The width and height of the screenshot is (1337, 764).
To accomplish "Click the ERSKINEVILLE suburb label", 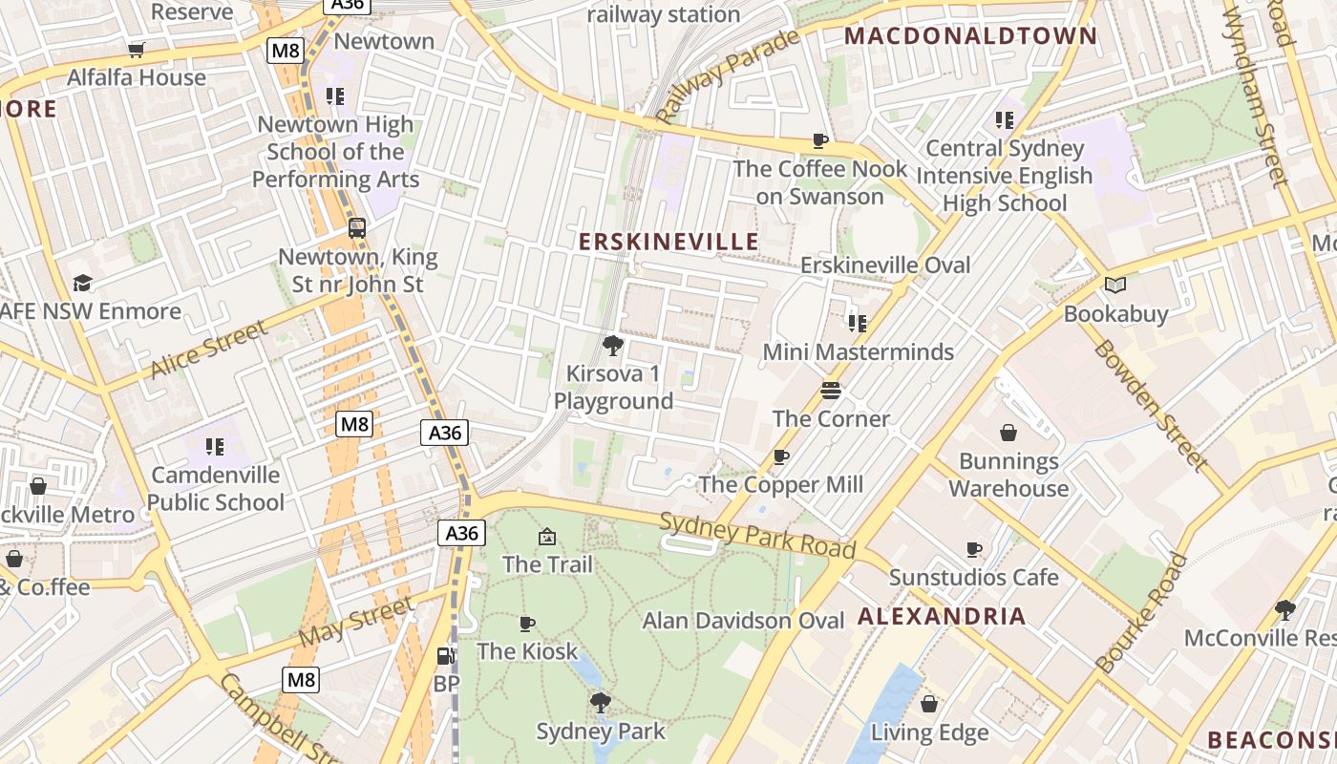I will (668, 242).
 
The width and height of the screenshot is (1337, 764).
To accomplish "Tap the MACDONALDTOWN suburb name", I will (971, 36).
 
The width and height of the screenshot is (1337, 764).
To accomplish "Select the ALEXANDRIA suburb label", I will (942, 616).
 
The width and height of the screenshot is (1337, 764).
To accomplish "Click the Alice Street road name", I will (209, 350).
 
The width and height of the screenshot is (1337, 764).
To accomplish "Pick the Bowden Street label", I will (1151, 405).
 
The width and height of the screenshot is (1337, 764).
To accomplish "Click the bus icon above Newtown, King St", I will (357, 228).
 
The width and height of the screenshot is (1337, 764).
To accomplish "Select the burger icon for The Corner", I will (831, 391).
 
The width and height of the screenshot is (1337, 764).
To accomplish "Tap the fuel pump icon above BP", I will (445, 656).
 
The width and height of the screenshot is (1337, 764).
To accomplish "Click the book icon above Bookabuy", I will (1114, 285).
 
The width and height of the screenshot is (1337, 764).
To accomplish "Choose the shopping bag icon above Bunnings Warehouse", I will (1008, 433).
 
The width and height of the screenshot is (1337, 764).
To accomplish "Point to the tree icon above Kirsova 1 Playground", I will (613, 345).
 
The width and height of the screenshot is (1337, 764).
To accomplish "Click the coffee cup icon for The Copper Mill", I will (780, 456).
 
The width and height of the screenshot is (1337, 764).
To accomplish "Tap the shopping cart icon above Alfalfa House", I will (137, 50).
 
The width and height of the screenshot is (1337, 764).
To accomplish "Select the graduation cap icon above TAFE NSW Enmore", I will (83, 283).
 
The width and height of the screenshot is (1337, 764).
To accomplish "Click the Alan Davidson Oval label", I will (743, 621).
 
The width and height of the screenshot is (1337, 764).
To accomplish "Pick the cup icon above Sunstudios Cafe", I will (973, 549).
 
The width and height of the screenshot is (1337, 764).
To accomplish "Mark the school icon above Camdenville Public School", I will (215, 446).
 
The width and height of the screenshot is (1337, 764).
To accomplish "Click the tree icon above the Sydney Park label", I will (600, 704).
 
